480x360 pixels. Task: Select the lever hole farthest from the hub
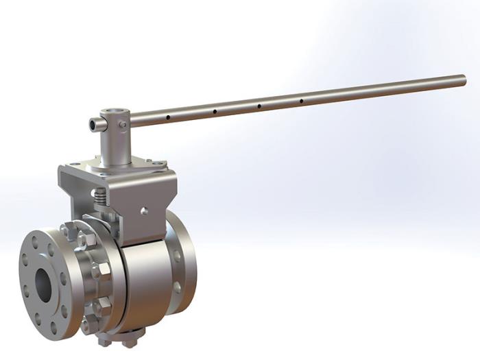[x=301, y=101]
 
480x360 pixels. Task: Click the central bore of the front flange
[x=43, y=283]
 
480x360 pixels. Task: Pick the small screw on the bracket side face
[x=143, y=211]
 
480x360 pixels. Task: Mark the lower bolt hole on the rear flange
[x=180, y=288]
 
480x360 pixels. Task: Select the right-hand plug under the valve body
[x=132, y=337]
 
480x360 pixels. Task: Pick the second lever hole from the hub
[x=215, y=112]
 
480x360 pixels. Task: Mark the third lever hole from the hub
[x=259, y=106]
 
